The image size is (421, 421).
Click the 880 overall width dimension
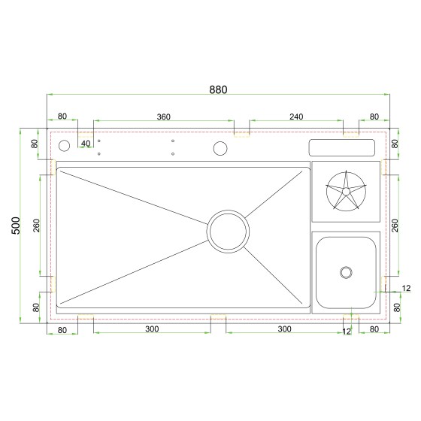pos(218,89)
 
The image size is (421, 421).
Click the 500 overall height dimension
pos(16,226)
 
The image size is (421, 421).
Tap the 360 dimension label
pos(164,117)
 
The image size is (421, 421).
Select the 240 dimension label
pos(296,117)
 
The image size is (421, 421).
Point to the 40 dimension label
pos(86,144)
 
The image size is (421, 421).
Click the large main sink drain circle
pos(228,232)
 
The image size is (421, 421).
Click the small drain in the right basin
pos(346,272)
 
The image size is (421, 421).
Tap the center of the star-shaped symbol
pos(346,191)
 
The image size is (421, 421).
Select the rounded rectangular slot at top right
pos(342,147)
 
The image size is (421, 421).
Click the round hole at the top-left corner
pos(64,146)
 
